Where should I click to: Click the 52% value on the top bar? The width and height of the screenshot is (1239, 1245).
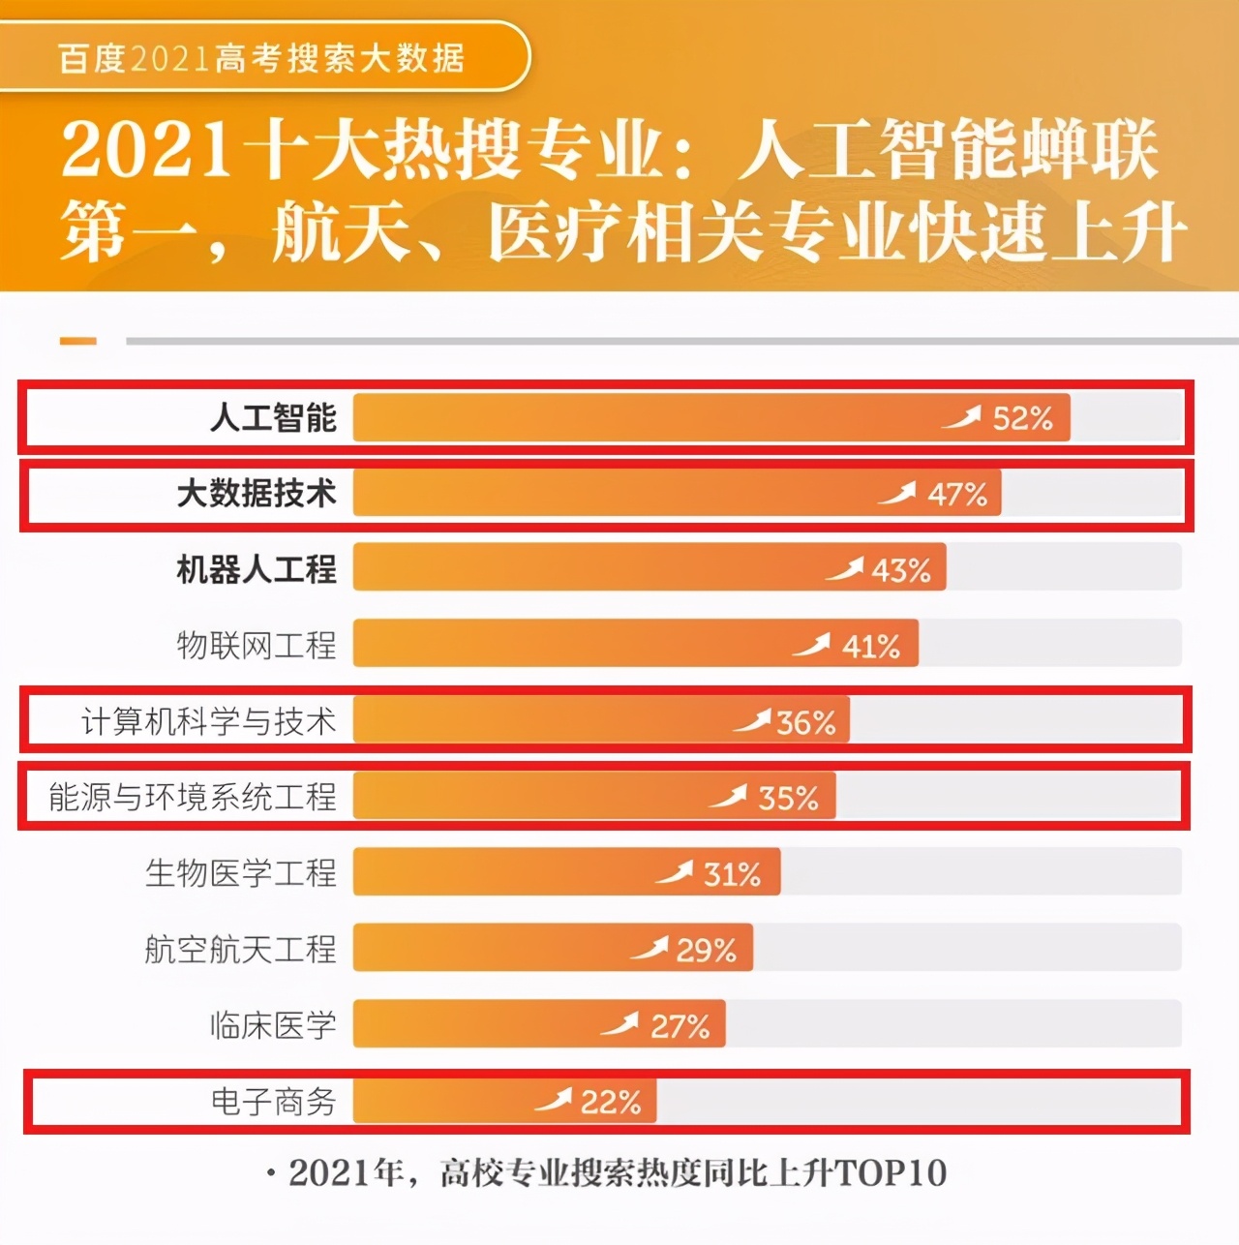point(1022,418)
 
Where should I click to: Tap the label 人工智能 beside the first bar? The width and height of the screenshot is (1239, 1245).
point(273,418)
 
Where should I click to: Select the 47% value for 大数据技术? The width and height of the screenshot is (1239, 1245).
point(957,494)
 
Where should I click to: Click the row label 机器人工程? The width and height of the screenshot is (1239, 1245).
point(257,569)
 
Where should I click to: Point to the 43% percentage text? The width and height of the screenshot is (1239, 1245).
point(900,570)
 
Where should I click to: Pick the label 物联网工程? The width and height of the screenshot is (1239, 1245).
point(257,645)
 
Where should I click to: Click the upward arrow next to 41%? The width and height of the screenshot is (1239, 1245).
point(811,644)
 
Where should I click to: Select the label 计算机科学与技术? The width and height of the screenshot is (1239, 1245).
point(208,721)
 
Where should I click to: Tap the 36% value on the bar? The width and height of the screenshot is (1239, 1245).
point(805,722)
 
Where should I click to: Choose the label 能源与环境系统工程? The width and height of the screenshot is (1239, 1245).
point(193,797)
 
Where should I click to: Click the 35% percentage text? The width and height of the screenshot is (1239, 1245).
point(788,798)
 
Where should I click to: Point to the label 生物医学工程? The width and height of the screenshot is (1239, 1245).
point(240,873)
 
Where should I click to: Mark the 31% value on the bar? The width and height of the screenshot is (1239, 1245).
point(732,874)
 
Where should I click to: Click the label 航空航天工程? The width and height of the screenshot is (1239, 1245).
point(240,949)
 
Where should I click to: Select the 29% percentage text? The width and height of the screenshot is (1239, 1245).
point(706,950)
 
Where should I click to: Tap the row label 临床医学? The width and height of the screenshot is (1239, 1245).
point(273,1025)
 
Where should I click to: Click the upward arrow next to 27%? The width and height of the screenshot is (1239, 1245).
point(619,1023)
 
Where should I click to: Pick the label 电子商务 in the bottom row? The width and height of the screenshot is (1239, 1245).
point(273,1102)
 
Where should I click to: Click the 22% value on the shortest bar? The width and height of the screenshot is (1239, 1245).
point(610,1102)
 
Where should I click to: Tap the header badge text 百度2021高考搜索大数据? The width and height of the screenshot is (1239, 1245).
point(261,58)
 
